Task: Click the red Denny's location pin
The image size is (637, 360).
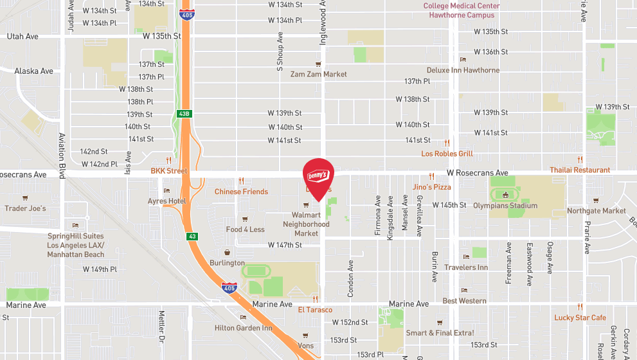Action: [x=318, y=175]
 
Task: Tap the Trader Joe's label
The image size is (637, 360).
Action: [x=26, y=208]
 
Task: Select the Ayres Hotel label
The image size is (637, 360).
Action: [x=166, y=201]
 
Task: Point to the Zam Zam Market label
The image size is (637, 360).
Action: [x=318, y=74]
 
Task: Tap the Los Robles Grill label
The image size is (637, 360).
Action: [x=447, y=154]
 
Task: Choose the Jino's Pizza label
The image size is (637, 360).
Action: [x=431, y=187]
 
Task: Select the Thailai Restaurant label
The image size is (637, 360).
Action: [x=580, y=170]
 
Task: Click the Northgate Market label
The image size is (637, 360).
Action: [x=597, y=210]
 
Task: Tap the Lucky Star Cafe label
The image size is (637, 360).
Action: [x=580, y=318]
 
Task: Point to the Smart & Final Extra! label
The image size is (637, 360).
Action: [x=440, y=332]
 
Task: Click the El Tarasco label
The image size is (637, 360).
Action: [x=314, y=309]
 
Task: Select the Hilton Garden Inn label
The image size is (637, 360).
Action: [x=244, y=328]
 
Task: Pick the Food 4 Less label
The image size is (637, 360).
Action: [x=245, y=230]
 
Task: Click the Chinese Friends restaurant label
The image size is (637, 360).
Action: [x=241, y=192]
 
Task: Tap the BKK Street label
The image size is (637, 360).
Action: [x=169, y=171]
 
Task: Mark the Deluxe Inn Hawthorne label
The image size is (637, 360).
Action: [x=463, y=70]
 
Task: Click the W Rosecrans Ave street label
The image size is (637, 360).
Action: [x=478, y=173]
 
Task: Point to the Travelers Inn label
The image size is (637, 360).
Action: [x=465, y=267]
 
